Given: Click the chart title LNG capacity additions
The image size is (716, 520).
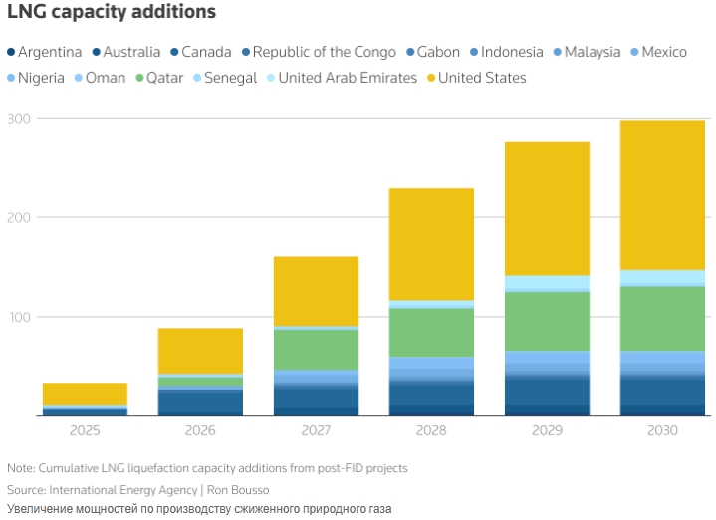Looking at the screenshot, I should click(112, 14).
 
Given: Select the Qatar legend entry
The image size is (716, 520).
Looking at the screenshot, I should click(164, 77).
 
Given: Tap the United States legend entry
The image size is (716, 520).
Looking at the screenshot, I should click(482, 77).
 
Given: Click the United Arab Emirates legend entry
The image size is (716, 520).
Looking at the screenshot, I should click(348, 77).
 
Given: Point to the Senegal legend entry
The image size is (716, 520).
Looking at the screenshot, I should click(230, 77).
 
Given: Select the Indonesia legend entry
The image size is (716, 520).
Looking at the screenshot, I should click(512, 52).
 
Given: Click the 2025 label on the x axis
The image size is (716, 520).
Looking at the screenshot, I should click(85, 430).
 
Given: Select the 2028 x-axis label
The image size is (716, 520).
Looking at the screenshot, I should click(431, 430).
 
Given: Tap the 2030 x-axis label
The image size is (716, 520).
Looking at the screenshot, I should click(662, 430).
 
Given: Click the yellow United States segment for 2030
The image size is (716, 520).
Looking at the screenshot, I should click(662, 194).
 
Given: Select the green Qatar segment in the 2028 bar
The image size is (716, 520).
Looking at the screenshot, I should click(431, 332).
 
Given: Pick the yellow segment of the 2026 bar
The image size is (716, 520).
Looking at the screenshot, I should click(200, 351).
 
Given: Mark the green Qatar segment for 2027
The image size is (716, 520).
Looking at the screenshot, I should click(316, 349).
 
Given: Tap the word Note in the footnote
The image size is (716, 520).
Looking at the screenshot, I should click(19, 467).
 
